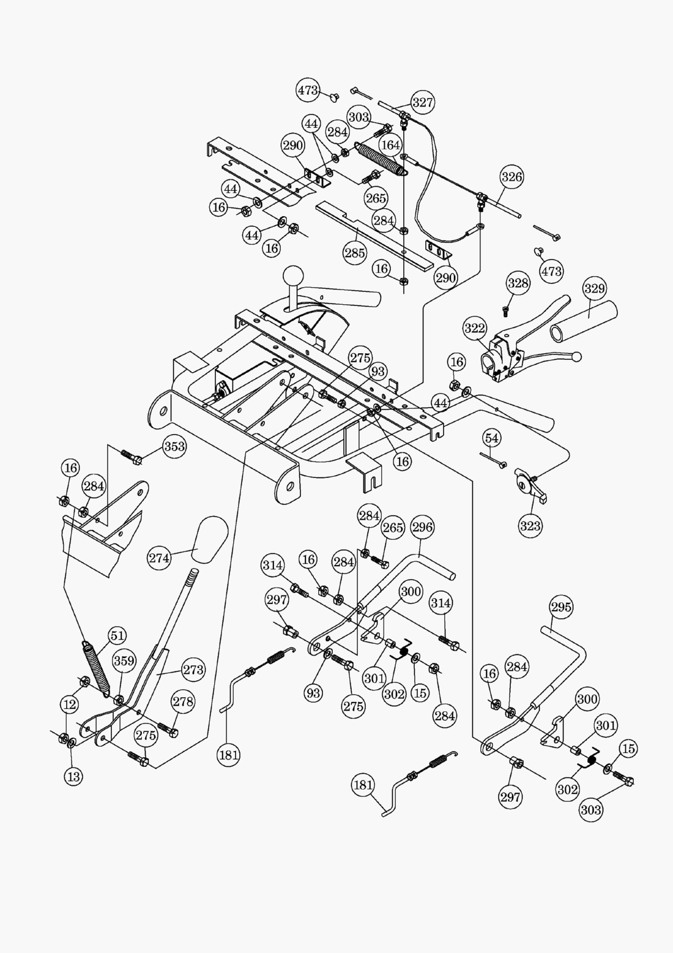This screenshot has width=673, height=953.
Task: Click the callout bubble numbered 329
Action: (594, 288)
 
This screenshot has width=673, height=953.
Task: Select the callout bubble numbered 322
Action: (475, 329)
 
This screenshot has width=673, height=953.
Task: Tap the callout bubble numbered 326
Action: (512, 178)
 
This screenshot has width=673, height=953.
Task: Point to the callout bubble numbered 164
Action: (390, 145)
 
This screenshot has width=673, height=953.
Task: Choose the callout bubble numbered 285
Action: (355, 252)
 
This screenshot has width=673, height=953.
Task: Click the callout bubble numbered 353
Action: (174, 447)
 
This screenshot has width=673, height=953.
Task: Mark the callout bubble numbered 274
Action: (159, 558)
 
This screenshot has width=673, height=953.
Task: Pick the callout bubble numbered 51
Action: (116, 637)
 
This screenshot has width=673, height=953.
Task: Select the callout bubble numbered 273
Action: (193, 670)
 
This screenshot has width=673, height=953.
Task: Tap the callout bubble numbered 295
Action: (561, 607)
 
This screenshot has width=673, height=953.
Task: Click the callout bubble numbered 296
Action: (422, 528)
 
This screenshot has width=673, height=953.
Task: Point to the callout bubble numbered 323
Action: (530, 526)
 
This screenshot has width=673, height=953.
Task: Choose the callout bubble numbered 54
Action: (492, 438)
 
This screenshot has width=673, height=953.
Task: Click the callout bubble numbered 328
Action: (518, 283)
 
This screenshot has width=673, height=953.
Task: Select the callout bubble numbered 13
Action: (73, 777)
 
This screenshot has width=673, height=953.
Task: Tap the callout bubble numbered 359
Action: (124, 661)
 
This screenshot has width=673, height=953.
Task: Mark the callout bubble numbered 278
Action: (182, 702)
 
